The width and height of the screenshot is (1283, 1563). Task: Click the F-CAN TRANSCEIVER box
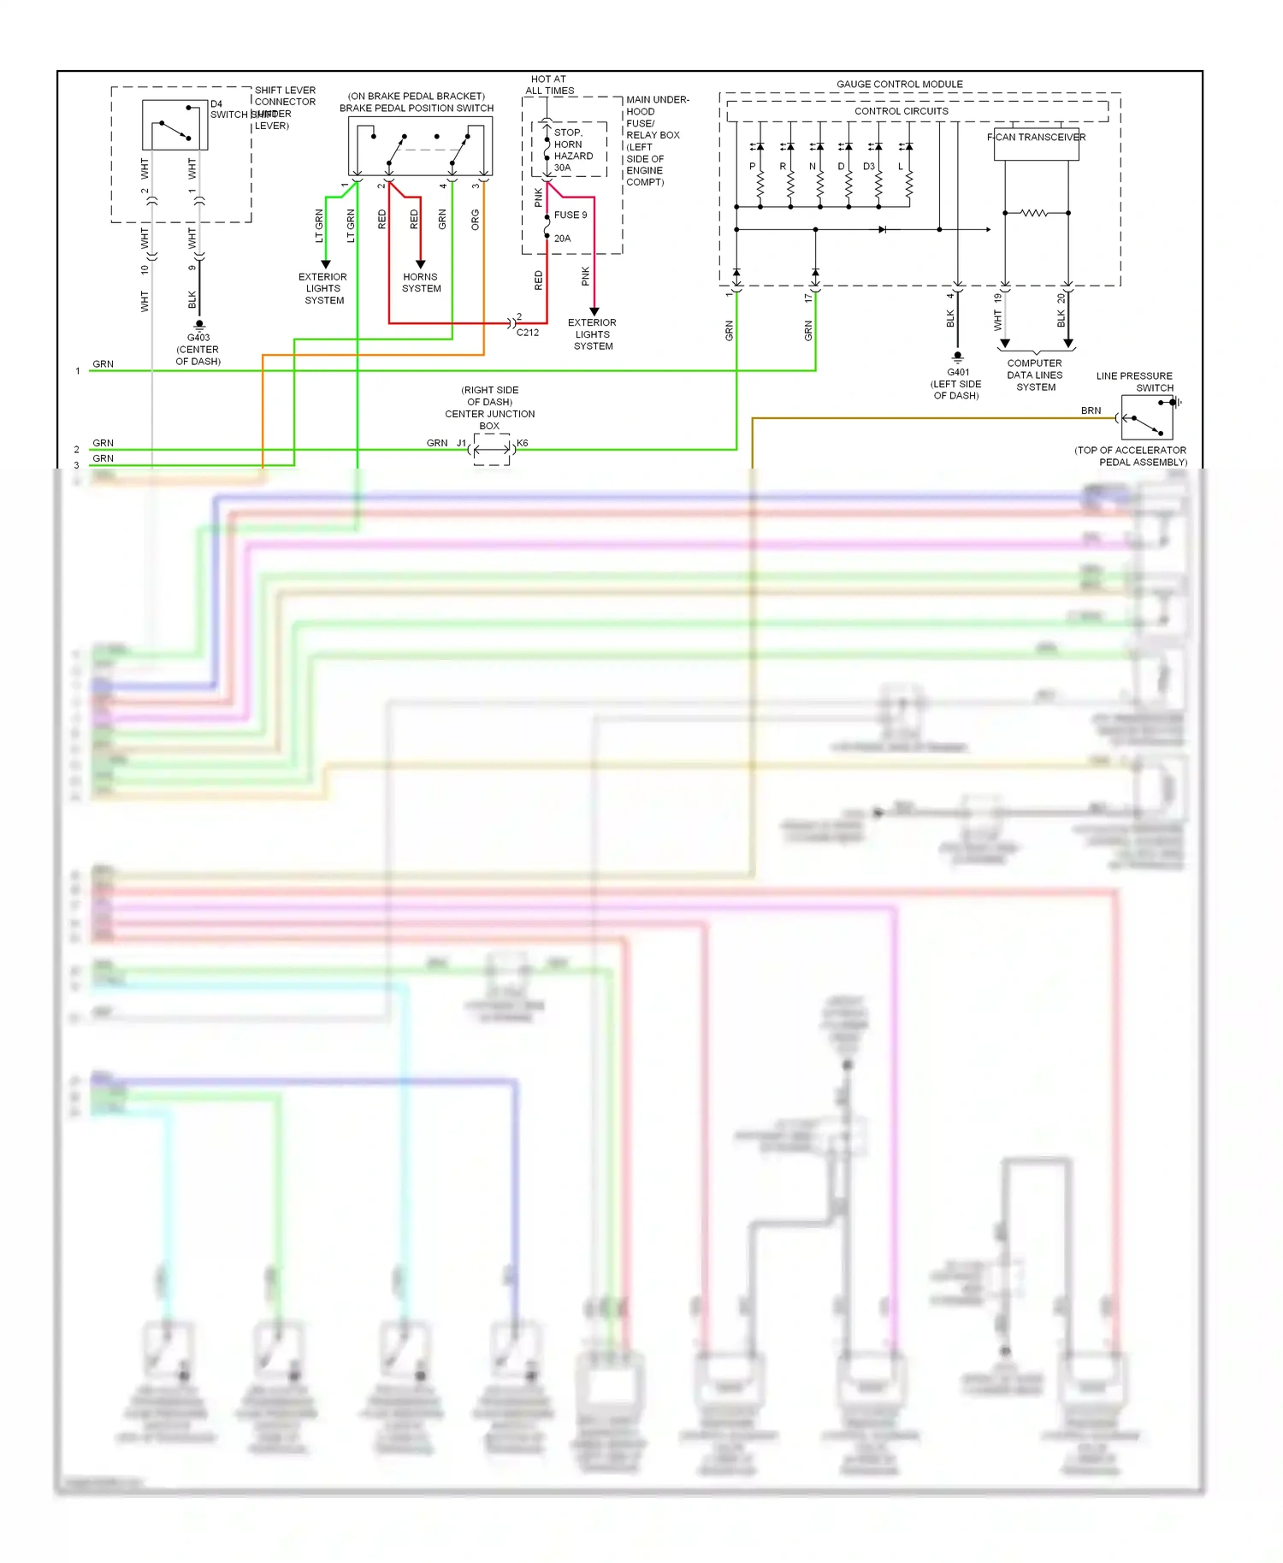point(1036,144)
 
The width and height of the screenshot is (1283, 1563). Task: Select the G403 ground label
point(198,338)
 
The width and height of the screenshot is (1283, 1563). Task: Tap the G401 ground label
point(957,372)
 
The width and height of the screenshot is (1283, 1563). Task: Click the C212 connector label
point(528,333)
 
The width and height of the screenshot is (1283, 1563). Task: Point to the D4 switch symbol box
point(175,126)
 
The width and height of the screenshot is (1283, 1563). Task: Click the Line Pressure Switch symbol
point(1147,418)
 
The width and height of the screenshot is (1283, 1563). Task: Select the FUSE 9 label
point(570,215)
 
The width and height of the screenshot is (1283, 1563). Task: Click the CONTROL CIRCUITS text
point(901,111)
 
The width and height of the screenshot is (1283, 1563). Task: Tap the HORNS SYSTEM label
point(421,283)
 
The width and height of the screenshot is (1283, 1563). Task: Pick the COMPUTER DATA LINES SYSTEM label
point(1035,375)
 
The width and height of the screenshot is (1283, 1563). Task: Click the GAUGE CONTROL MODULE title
point(899,84)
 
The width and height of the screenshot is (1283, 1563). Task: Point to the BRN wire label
point(1091,410)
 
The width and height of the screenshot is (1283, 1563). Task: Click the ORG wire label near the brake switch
point(476,220)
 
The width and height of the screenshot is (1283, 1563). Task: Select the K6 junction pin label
point(523,443)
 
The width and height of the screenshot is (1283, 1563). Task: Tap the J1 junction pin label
point(461,443)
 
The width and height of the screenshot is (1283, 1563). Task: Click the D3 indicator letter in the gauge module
point(868,167)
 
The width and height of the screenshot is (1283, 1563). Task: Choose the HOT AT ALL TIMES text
point(549,85)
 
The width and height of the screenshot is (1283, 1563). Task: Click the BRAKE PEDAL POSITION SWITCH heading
point(416,109)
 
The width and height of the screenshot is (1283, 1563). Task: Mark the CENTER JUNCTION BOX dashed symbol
point(492,449)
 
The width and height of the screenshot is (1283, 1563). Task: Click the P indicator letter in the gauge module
point(753,167)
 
